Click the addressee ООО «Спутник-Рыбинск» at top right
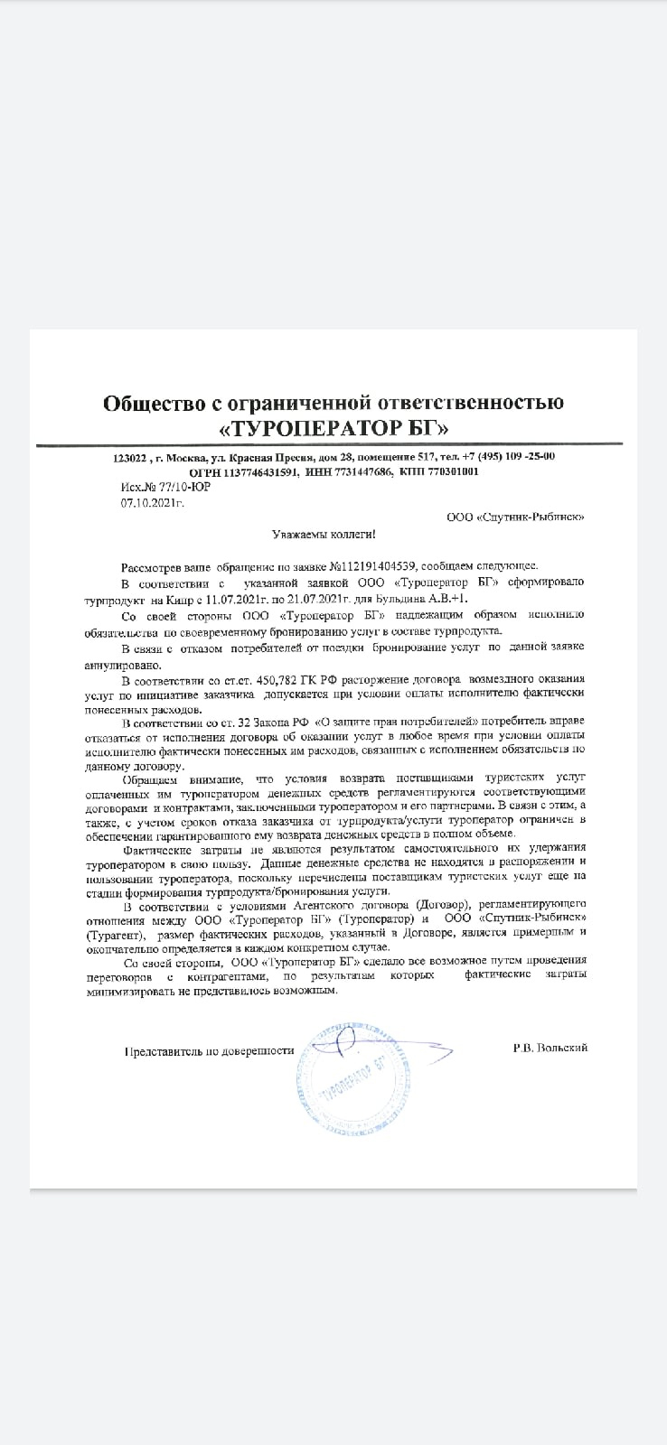[515, 517]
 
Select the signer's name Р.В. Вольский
[550, 1048]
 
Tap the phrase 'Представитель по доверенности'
[211, 1051]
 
